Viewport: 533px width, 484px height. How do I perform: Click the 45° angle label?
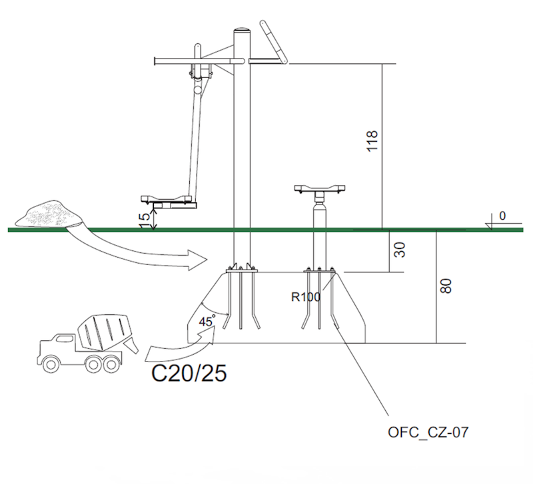[206, 322]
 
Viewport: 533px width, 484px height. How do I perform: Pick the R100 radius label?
[306, 297]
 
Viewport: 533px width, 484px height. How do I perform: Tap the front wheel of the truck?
[51, 362]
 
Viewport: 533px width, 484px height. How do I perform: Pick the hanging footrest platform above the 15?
[169, 199]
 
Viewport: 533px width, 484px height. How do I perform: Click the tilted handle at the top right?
[274, 43]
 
